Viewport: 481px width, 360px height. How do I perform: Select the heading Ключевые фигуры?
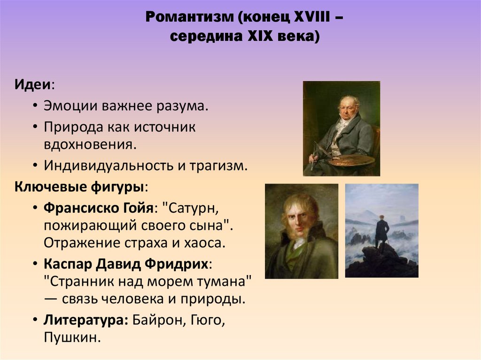79,186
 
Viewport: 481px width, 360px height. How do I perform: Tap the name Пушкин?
71,337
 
